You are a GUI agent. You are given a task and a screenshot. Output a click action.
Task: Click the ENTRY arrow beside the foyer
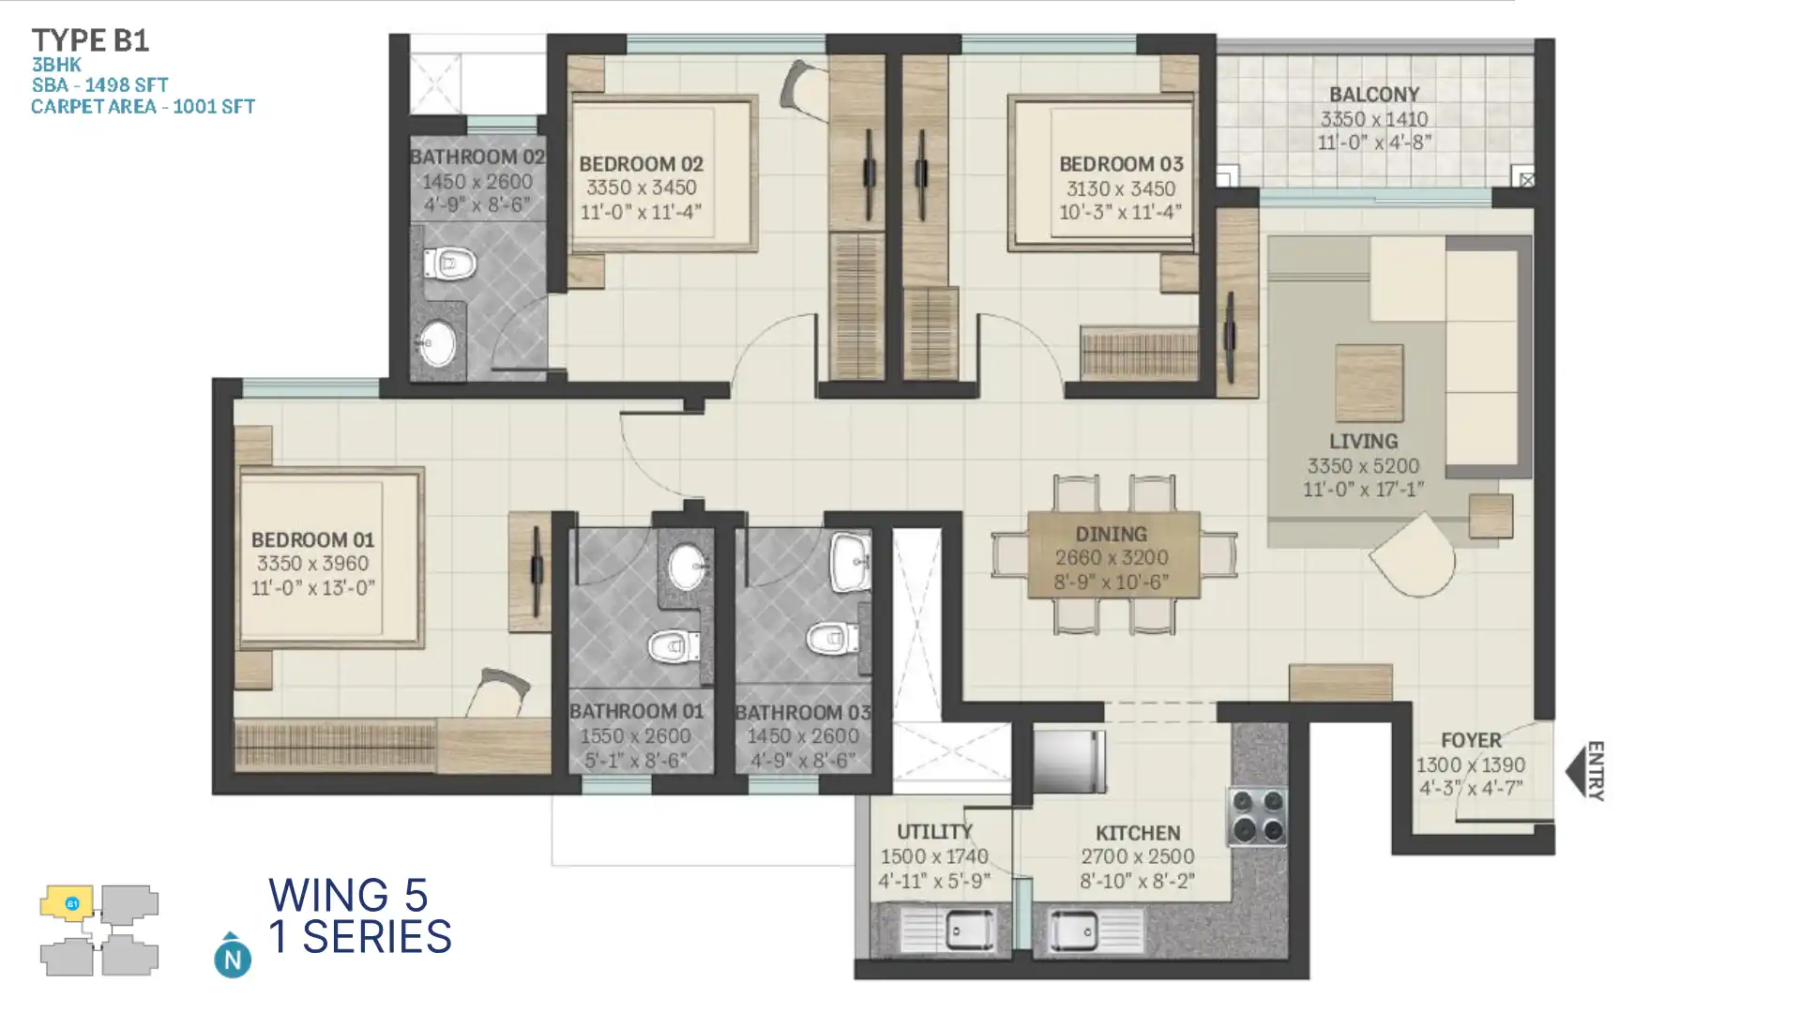coord(1576,771)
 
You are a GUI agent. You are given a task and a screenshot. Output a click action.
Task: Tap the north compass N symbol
coord(233,958)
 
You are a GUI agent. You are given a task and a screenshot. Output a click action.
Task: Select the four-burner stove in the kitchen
coord(1258,815)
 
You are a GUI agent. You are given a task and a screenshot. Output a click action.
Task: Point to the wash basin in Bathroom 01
coord(688,566)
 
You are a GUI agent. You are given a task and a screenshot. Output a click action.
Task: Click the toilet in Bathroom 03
coord(832,638)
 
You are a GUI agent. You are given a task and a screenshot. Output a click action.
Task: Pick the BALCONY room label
coord(1373,95)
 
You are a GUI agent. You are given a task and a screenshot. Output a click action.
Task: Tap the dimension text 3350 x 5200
coord(1363,466)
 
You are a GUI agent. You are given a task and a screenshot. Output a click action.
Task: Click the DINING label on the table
coord(1112,535)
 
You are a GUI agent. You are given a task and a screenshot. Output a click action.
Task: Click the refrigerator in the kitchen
coord(1069,761)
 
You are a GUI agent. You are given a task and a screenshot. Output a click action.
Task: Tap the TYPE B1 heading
coord(90,40)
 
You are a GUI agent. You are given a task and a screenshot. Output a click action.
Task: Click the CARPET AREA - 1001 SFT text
coord(143,107)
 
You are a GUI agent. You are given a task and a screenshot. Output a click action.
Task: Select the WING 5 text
coord(348,895)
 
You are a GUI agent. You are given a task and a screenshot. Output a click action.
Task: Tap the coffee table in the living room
coord(1369,383)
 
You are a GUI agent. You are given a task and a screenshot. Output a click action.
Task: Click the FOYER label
coord(1471,740)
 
